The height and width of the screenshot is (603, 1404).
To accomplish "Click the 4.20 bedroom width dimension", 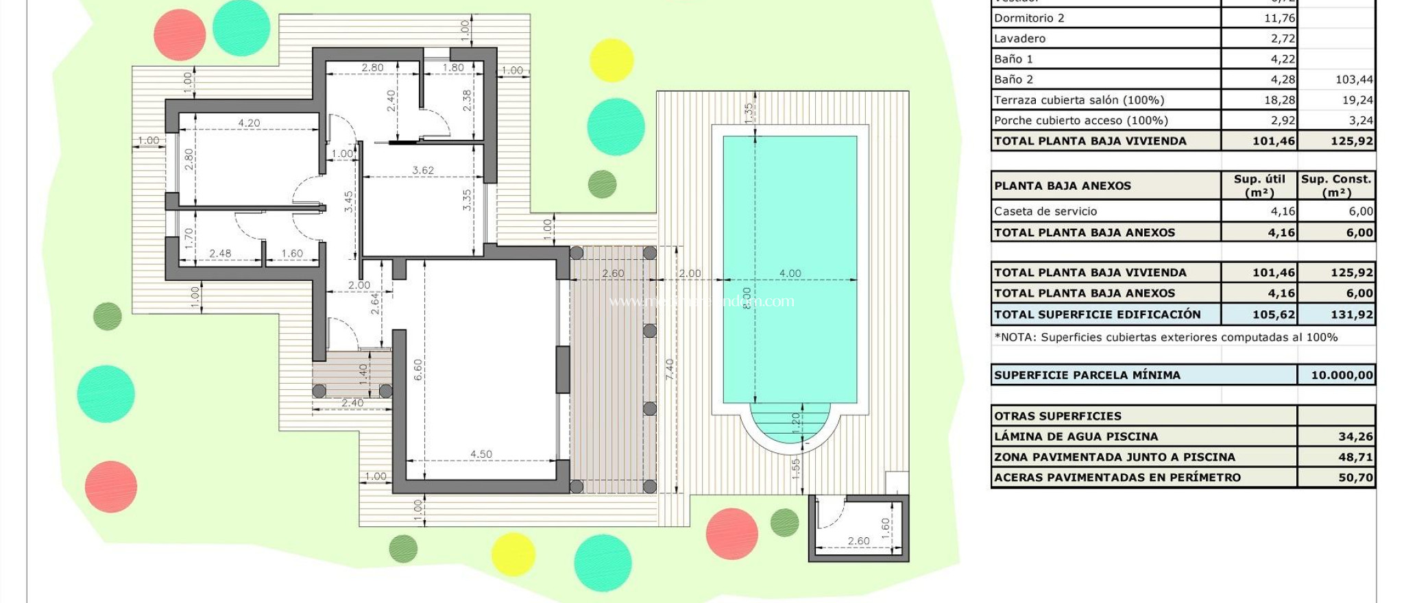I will point(249,123).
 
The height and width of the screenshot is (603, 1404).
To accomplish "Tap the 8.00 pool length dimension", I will point(747,297).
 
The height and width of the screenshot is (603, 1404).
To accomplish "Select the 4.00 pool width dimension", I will point(790,273).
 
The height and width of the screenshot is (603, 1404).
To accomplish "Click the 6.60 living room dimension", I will point(417,370).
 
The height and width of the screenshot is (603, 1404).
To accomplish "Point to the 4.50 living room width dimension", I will point(481,454).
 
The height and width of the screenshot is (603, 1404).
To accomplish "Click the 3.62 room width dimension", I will point(423,170).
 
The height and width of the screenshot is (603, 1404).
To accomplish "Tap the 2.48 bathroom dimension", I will point(220,253).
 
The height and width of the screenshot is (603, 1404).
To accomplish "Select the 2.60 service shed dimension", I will point(858,541).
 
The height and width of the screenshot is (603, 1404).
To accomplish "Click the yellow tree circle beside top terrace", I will point(611,60).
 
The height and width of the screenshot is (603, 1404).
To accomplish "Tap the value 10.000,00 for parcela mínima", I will point(1342,375).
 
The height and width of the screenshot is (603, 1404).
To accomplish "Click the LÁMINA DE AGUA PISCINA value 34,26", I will point(1355,436).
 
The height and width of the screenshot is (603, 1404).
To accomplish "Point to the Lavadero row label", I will point(1019,38).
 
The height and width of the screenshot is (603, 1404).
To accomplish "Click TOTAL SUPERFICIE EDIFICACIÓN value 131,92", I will point(1351,315).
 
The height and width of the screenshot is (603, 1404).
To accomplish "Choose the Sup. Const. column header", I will point(1336,185).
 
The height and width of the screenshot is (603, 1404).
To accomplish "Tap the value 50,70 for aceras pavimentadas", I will point(1355,478).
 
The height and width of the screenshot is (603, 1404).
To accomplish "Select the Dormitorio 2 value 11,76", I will point(1279,18).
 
